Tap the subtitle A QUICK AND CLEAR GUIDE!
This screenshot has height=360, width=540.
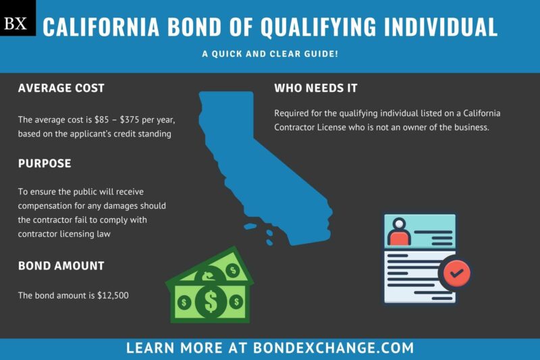click(x=270, y=53)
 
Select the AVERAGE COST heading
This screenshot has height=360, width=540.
click(x=61, y=88)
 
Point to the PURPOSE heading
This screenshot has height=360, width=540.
click(x=45, y=163)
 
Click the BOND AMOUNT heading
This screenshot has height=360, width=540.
click(x=61, y=265)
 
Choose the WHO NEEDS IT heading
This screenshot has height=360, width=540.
click(x=316, y=88)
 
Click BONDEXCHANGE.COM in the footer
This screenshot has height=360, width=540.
click(x=333, y=349)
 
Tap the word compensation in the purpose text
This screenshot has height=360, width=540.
click(x=48, y=205)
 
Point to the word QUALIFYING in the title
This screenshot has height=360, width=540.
click(x=298, y=27)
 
